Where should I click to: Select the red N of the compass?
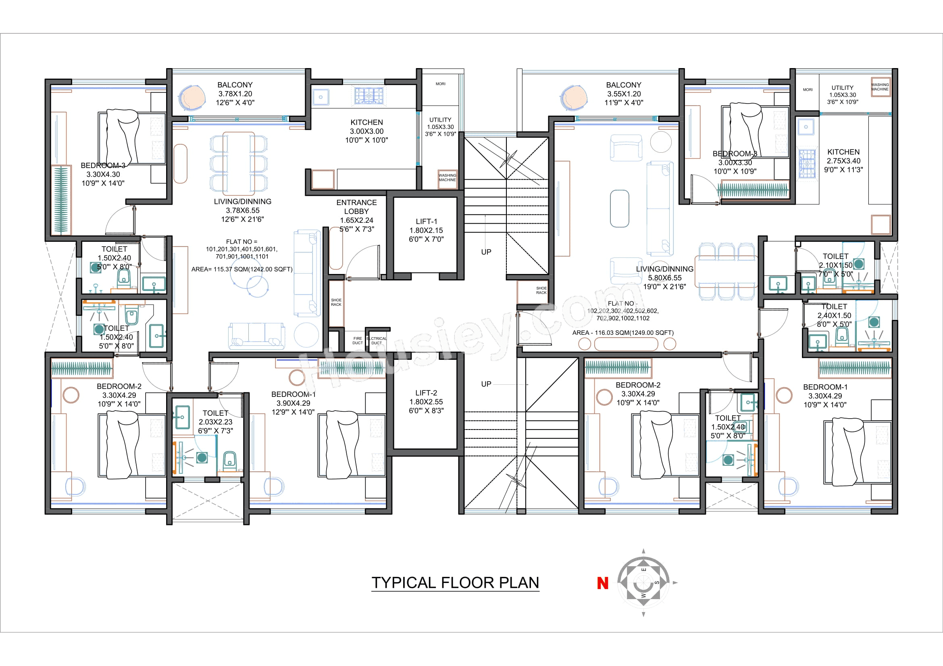(x=602, y=583)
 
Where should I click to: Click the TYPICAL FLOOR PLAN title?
(x=455, y=583)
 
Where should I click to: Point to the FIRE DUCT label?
(x=357, y=340)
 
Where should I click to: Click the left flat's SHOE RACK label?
(x=336, y=302)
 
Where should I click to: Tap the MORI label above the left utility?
(x=440, y=84)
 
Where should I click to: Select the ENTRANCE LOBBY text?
(x=356, y=207)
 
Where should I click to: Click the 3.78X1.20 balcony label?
(x=235, y=93)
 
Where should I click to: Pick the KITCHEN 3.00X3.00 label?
(x=366, y=131)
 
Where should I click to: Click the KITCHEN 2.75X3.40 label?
(x=843, y=160)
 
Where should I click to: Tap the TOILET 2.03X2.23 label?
(x=215, y=421)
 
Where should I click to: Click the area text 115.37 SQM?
(x=242, y=269)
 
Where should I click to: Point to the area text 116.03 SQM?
(x=622, y=332)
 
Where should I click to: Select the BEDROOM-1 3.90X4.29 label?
(x=293, y=403)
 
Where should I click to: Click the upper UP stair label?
(x=486, y=251)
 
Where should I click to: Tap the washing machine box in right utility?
(x=880, y=87)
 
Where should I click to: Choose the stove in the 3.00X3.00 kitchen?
(x=369, y=95)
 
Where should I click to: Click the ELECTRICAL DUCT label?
(x=377, y=340)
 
